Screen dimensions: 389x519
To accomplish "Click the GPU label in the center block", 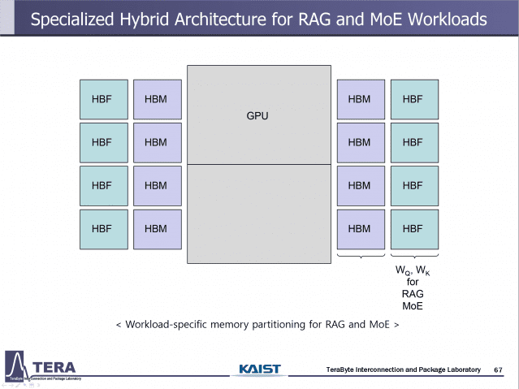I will tap(257, 116).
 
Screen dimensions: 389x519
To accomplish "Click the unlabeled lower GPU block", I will tap(257, 214).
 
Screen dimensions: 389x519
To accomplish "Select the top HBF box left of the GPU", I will tap(102, 99).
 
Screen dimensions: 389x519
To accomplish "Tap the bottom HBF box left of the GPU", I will tap(102, 228).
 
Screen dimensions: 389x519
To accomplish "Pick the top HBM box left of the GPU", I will tap(156, 99).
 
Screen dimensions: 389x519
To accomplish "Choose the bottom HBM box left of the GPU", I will tap(156, 228).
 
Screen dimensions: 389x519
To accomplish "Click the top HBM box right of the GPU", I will tap(359, 99).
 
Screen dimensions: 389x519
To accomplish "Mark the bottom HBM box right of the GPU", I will tap(359, 228).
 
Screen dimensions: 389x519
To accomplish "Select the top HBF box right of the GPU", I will tap(413, 99).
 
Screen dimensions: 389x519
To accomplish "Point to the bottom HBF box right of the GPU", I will tap(413, 228).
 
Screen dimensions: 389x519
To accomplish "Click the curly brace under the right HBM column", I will tap(359, 257).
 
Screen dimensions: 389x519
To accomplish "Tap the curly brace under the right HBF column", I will tap(413, 257).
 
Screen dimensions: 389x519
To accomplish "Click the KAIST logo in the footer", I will tap(260, 370).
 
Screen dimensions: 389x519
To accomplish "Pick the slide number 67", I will tap(498, 370).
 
